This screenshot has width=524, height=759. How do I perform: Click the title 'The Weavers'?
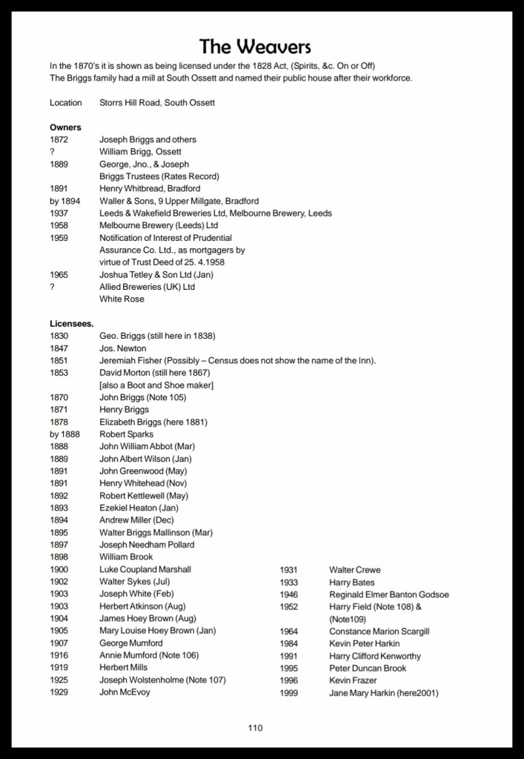[x=255, y=47]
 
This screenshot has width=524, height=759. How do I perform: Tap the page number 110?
[x=255, y=728]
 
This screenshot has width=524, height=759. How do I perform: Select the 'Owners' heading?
[x=65, y=127]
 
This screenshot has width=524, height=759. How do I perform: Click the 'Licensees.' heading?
[x=72, y=324]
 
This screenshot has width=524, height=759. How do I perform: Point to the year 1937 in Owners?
[x=59, y=213]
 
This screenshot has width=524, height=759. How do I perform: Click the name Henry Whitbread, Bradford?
[x=150, y=189]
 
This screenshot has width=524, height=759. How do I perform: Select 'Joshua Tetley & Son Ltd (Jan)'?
[x=158, y=275]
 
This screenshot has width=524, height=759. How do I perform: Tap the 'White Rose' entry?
[x=122, y=299]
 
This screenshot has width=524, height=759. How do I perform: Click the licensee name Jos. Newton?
[x=123, y=348]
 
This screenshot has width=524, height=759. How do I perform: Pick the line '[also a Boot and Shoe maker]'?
[x=156, y=385]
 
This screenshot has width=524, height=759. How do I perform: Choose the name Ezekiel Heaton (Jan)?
[x=139, y=508]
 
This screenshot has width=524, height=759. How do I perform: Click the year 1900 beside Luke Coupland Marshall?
[x=59, y=569]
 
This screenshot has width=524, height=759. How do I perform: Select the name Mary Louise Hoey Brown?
[x=157, y=631]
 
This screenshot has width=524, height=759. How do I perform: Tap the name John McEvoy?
[x=125, y=692]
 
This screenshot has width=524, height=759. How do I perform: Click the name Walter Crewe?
[x=354, y=570]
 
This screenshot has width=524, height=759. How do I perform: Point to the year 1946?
[x=289, y=594]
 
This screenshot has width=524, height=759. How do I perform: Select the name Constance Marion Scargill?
[x=379, y=632]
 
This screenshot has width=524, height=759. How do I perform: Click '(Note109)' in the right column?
[x=348, y=619]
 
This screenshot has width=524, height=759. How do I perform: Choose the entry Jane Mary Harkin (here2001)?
[x=383, y=693]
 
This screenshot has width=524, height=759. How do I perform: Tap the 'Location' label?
[x=66, y=103]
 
